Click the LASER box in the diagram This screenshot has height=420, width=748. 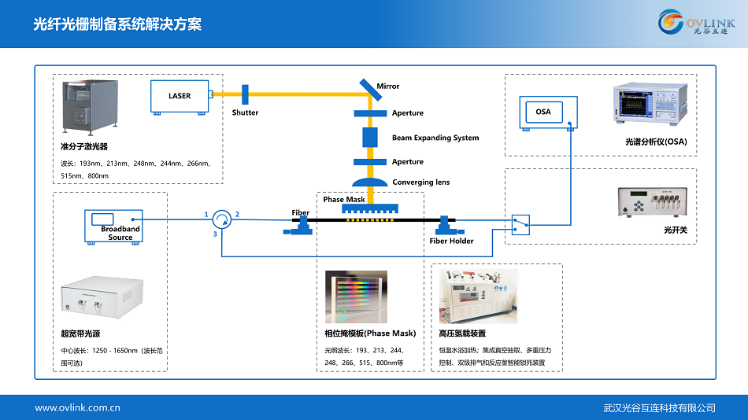pyautogui.click(x=180, y=96)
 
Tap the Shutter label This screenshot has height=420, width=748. pyautogui.click(x=245, y=112)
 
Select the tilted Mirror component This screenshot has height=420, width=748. pyautogui.click(x=369, y=88)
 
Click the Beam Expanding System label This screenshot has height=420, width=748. pyautogui.click(x=435, y=138)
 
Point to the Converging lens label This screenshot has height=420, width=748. pyautogui.click(x=421, y=182)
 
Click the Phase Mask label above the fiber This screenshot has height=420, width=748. pyautogui.click(x=344, y=200)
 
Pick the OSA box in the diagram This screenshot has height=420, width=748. pyautogui.click(x=543, y=112)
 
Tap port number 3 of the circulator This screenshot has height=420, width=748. pyautogui.click(x=215, y=234)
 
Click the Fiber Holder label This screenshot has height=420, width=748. pyautogui.click(x=452, y=241)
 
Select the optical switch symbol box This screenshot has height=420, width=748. pyautogui.click(x=520, y=224)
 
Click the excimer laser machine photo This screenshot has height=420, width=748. pyautogui.click(x=89, y=109)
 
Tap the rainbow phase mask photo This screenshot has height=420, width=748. pyautogui.click(x=356, y=297)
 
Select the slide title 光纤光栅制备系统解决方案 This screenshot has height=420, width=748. pyautogui.click(x=117, y=24)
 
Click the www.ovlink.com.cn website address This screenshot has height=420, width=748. pyautogui.click(x=77, y=407)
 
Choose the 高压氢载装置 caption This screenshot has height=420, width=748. pyautogui.click(x=462, y=333)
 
